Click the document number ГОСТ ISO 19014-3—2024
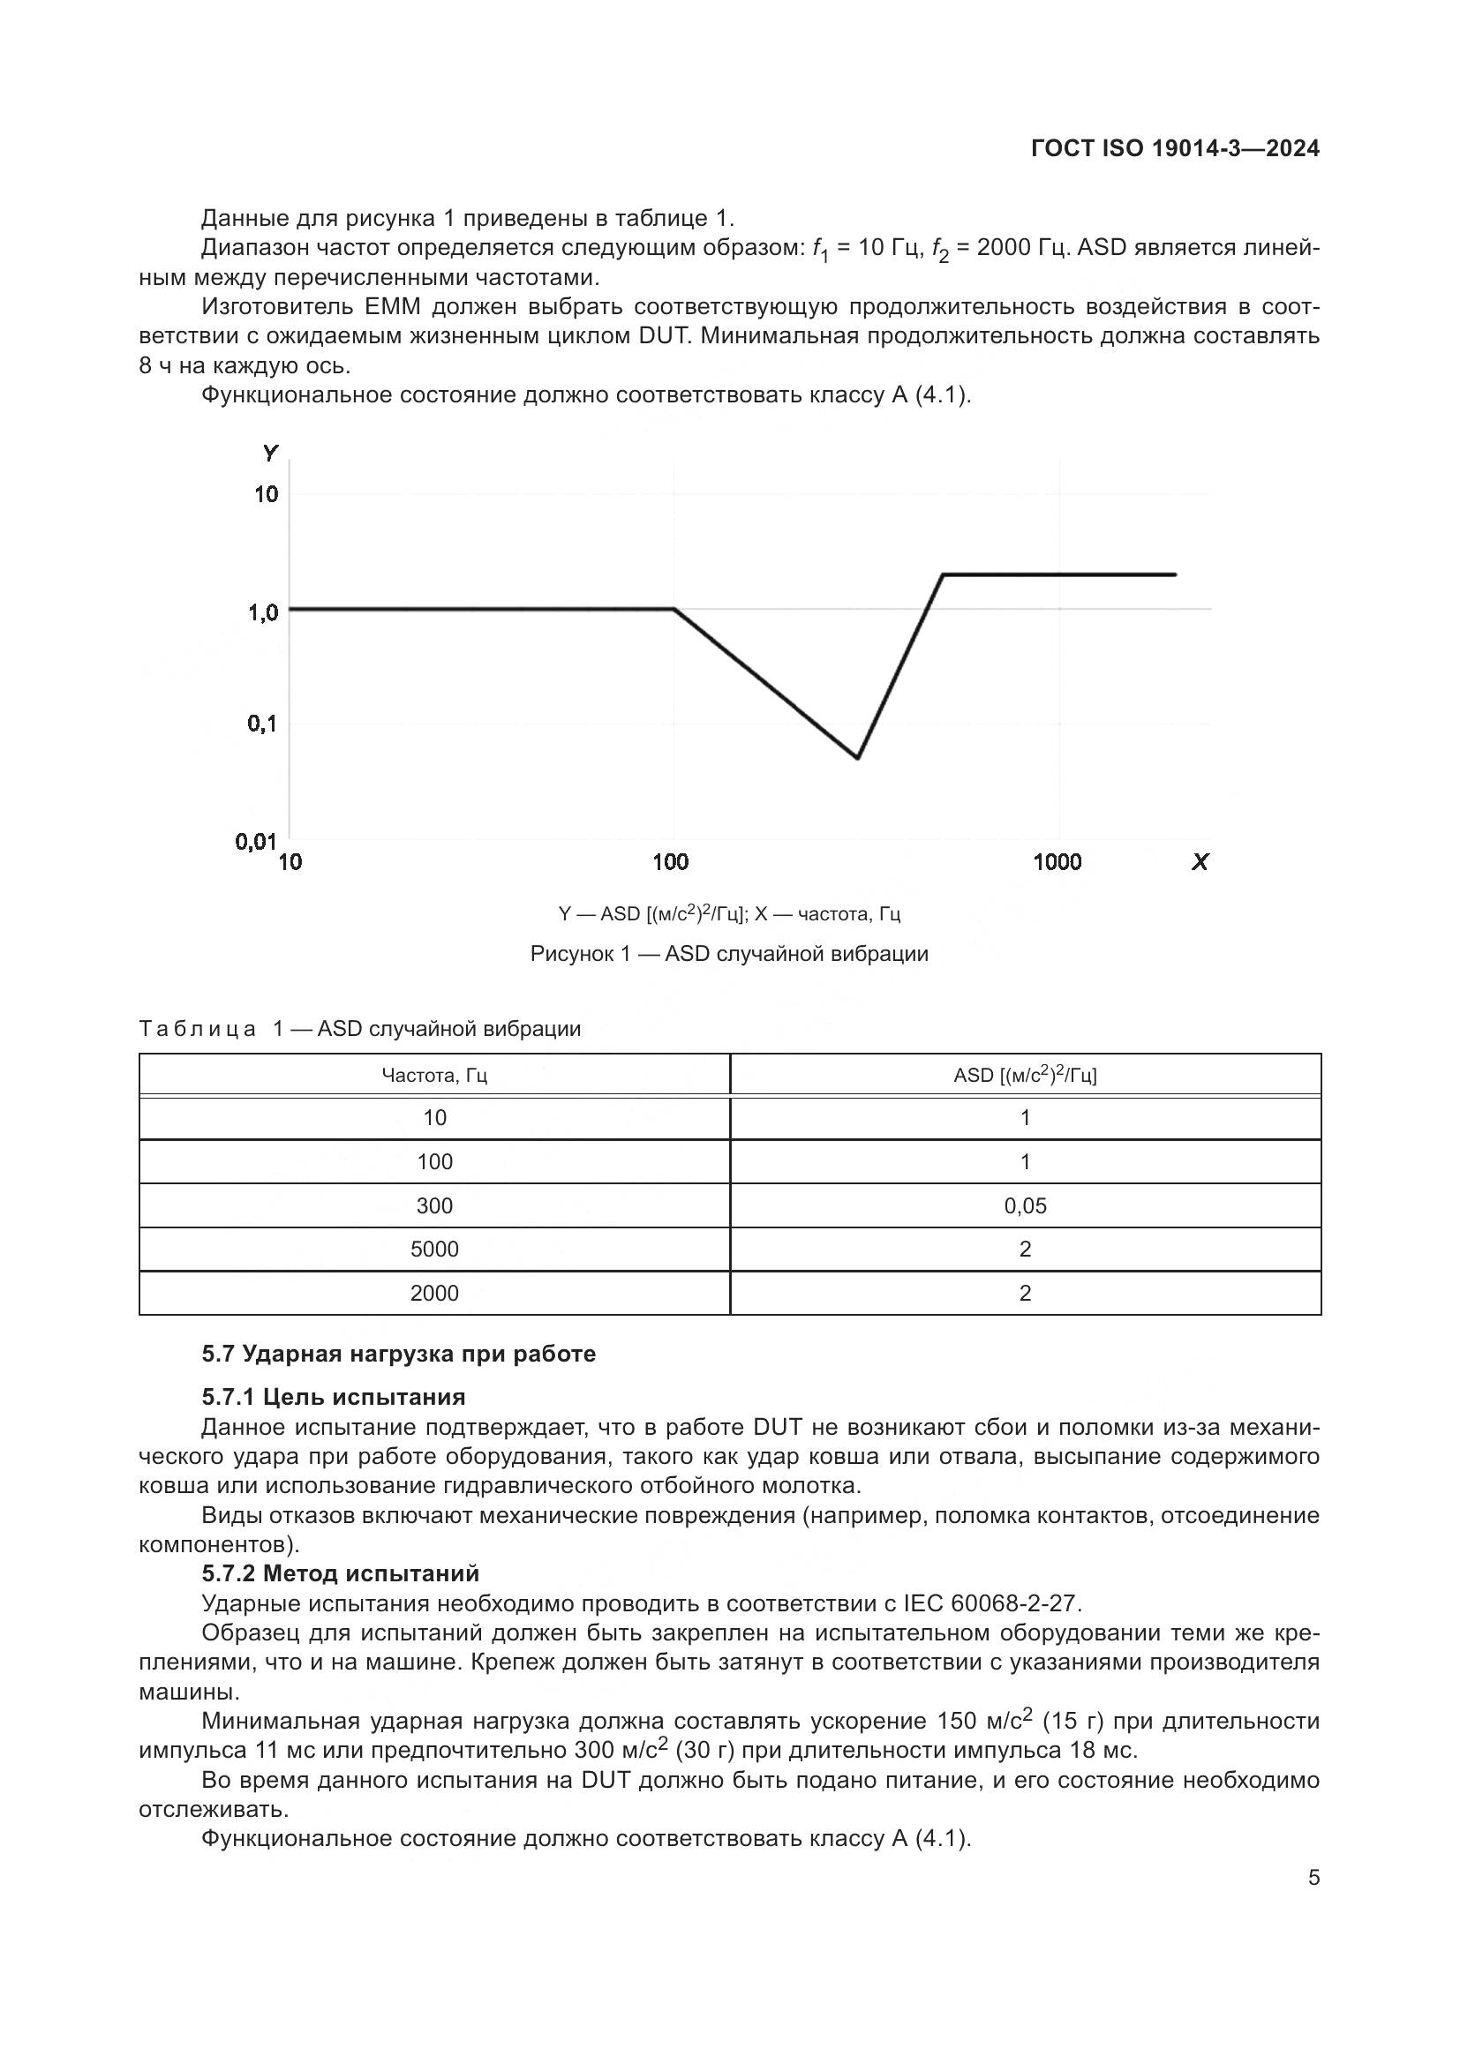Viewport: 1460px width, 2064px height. [1175, 148]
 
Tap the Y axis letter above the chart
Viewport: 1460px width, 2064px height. [271, 453]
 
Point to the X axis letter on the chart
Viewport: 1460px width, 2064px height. [1200, 862]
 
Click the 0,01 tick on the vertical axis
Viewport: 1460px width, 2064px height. [256, 842]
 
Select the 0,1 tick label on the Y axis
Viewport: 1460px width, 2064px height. [262, 724]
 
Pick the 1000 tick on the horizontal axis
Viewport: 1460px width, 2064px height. [1057, 862]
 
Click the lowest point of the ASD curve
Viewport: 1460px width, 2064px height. [858, 758]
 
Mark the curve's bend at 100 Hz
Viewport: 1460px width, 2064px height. [674, 610]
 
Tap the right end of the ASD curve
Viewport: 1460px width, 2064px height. [1175, 574]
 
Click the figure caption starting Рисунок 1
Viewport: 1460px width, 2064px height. [729, 954]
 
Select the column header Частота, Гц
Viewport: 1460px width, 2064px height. [434, 1075]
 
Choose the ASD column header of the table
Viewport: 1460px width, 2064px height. [1025, 1075]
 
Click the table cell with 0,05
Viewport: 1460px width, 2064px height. [1025, 1205]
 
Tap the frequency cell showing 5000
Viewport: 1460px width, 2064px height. [434, 1249]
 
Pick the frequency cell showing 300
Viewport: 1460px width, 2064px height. [434, 1205]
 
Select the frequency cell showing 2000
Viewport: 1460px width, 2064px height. [434, 1293]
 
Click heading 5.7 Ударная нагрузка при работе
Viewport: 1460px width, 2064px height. [398, 1354]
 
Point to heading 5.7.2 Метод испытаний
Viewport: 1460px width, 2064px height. [340, 1573]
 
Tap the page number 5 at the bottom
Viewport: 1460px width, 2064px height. [1313, 1878]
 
